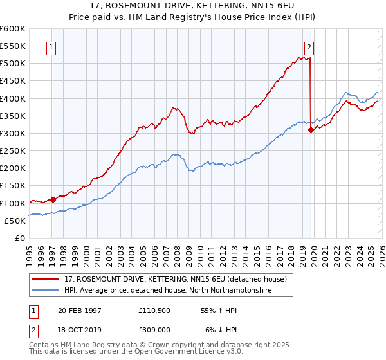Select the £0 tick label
tap(19, 239)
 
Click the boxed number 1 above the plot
tap(51, 46)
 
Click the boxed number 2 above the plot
tap(309, 46)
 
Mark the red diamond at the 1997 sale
tap(53, 199)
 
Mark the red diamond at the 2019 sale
tap(311, 130)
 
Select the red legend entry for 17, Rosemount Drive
tap(172, 278)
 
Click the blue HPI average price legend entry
tap(167, 291)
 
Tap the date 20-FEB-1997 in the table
tap(79, 310)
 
